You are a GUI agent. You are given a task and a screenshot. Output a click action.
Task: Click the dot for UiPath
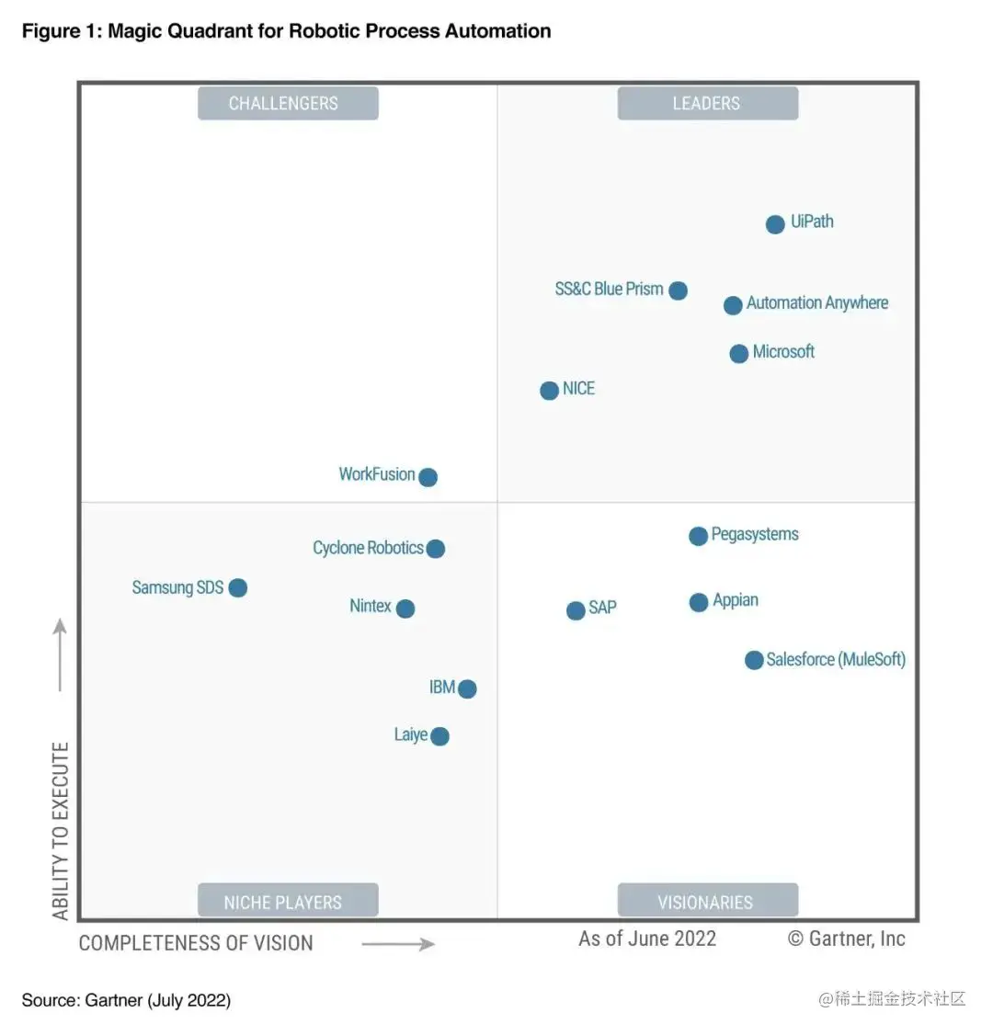[775, 224]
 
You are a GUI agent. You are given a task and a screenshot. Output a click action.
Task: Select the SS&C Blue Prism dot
[678, 290]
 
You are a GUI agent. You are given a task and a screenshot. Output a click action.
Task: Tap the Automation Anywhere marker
[733, 305]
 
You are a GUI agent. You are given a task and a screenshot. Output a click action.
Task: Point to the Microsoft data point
[739, 353]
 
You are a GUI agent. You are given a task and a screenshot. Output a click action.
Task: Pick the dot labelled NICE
[549, 391]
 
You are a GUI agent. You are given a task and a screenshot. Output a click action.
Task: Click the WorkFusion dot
[428, 477]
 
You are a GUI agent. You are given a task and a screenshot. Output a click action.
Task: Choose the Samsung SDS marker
[237, 587]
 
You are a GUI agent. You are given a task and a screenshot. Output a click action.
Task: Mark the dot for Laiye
[439, 736]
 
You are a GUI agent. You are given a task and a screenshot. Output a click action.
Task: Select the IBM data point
[467, 688]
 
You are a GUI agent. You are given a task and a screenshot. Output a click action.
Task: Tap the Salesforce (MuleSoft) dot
[754, 660]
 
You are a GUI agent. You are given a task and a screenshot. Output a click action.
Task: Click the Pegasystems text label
[755, 534]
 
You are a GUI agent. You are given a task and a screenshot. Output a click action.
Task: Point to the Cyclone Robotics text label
[368, 548]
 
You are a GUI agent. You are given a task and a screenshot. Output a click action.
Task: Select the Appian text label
[736, 600]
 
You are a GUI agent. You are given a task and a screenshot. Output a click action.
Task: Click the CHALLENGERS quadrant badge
[288, 103]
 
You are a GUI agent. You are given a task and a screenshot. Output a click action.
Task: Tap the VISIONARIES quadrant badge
[707, 902]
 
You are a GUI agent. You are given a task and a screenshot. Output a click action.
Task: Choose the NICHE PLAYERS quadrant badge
[288, 902]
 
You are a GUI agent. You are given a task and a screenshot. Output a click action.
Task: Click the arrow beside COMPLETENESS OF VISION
[398, 944]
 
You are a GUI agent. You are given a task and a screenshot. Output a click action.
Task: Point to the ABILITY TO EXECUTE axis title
[61, 831]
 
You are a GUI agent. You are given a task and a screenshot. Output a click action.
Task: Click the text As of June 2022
[647, 938]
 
